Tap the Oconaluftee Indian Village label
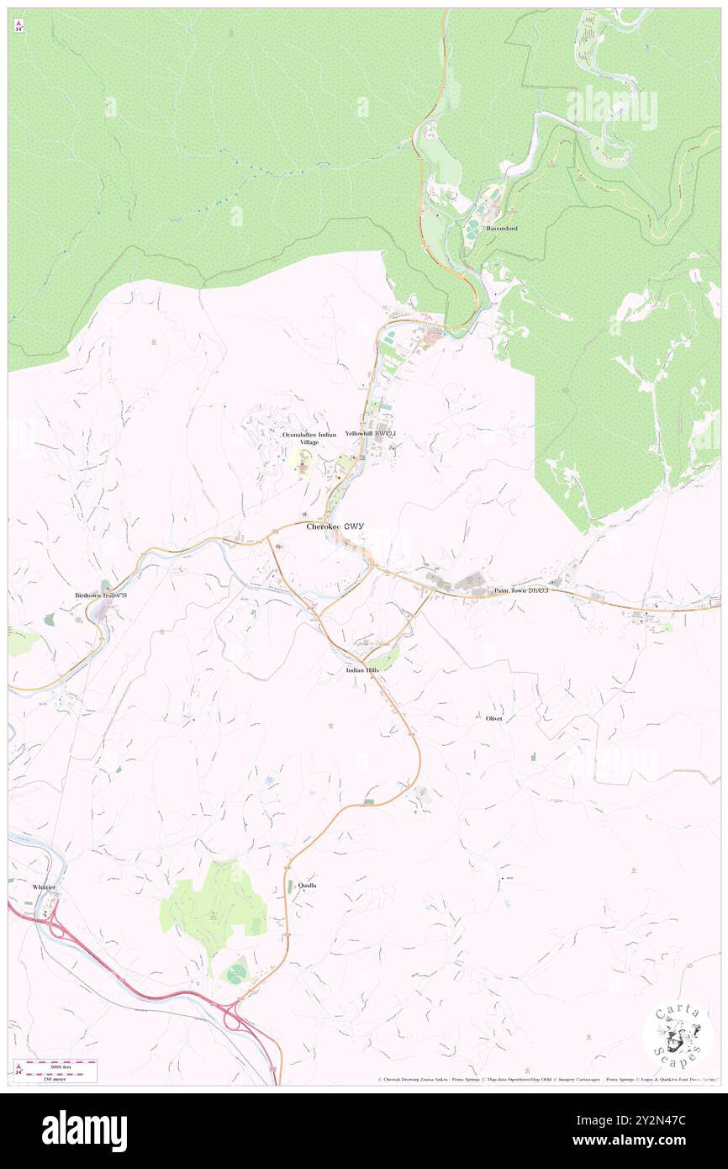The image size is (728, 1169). tap(309, 438)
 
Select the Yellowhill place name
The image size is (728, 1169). tap(369, 434)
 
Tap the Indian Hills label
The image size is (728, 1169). tap(367, 670)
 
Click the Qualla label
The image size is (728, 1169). tap(308, 886)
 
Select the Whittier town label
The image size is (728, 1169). tap(44, 887)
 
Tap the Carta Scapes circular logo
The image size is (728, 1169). tap(678, 1034)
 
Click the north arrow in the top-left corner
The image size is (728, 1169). tap(18, 26)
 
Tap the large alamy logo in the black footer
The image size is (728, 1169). tap(84, 1130)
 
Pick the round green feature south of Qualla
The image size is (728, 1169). tap(236, 975)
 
